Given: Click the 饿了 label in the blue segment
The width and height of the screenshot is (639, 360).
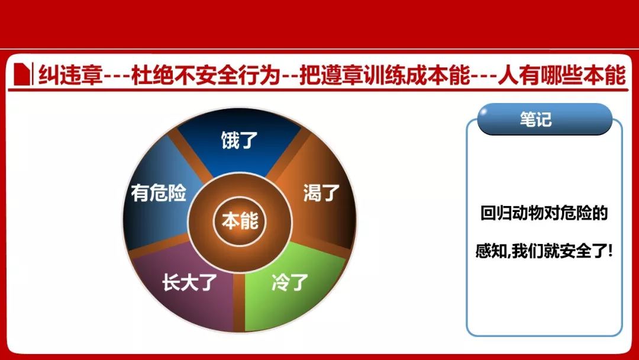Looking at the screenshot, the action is pos(239,140).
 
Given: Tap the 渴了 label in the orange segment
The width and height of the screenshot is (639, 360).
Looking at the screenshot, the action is pos(321,192).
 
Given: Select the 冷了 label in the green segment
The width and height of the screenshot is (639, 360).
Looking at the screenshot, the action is pos(290,282).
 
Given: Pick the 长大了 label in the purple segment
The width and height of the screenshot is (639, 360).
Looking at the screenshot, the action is pos(189,282).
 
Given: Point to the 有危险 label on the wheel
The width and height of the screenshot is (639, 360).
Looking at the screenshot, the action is pos(159,192).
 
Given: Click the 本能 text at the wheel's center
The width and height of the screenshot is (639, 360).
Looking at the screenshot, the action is pos(240,221).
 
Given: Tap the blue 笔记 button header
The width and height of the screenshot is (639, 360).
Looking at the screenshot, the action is pos(544,119).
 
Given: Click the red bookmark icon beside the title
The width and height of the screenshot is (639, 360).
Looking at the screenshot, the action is pos(22,74).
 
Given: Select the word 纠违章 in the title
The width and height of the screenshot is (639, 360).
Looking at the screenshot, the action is pos(70,75).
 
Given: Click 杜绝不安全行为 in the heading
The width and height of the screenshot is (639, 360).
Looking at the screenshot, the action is pos(205,75).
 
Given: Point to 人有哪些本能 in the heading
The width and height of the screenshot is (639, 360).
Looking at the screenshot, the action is pos(562,75).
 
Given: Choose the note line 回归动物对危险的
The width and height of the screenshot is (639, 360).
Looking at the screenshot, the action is pos(544,213).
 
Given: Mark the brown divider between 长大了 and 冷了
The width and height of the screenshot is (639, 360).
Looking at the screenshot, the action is pos(239,302).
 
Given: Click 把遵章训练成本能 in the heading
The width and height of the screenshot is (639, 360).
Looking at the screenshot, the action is pos(385,75).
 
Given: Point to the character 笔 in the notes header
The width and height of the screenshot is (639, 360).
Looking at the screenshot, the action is pos(528,119).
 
